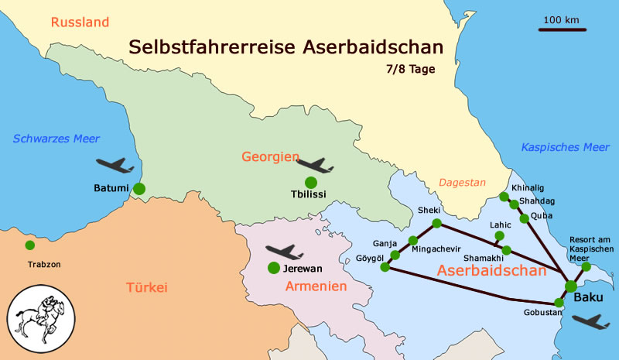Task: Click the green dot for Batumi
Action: coord(139,188)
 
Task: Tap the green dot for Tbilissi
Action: coord(311,182)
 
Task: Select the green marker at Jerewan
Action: coord(273,268)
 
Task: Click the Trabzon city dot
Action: coord(29,245)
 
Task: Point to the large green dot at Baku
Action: coord(571,286)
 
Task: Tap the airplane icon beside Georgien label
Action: coord(315,165)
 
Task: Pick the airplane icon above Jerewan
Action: coord(284,252)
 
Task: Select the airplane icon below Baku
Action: coord(590,321)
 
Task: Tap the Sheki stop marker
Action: coord(436,224)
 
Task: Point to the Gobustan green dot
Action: coord(559,302)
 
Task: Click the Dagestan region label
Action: coord(462,183)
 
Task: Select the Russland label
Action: coord(80,22)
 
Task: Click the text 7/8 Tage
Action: coord(410,69)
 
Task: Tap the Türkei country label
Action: coord(146,288)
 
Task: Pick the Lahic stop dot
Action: coord(500,236)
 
